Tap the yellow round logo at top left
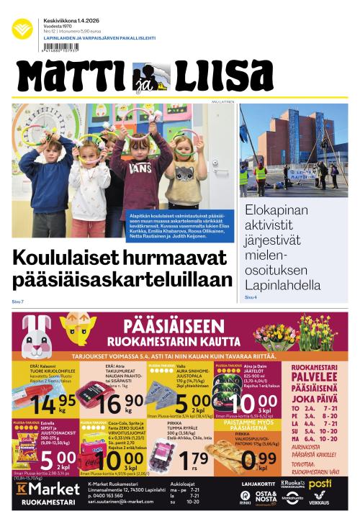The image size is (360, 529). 22,29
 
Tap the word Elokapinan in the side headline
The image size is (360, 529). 277,211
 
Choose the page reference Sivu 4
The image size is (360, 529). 251,297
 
